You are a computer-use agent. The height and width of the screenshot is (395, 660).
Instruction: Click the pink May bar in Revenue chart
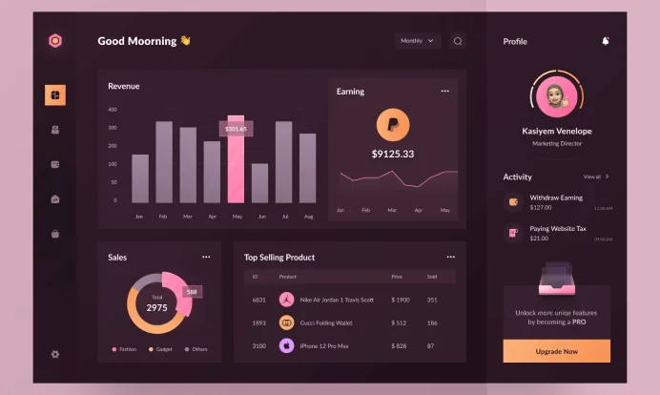(236, 162)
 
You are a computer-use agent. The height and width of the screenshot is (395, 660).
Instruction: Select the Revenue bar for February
(164, 162)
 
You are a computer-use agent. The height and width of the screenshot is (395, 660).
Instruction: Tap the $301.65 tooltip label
(236, 128)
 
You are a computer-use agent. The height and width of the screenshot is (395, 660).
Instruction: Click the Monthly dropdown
(418, 41)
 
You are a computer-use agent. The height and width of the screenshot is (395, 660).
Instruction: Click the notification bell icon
(606, 41)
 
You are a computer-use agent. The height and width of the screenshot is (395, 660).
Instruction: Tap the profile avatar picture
(556, 95)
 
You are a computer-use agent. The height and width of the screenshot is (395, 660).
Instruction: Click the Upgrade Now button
(556, 351)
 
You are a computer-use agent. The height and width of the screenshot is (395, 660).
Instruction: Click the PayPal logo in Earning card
(393, 125)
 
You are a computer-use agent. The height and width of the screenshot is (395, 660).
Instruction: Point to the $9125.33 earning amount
(393, 154)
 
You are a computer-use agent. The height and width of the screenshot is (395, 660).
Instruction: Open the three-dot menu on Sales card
(206, 257)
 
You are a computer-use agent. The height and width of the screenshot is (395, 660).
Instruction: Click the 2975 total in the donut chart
(156, 308)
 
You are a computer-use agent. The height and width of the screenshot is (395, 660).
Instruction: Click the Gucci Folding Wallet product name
(326, 322)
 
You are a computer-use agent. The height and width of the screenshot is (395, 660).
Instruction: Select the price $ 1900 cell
(401, 300)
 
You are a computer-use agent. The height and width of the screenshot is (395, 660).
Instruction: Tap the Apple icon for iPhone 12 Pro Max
(286, 345)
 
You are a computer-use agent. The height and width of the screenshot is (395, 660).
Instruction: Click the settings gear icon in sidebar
(55, 355)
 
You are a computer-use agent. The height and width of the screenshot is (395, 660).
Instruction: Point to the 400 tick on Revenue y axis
(113, 110)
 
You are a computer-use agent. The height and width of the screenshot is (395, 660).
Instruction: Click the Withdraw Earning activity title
(556, 197)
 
